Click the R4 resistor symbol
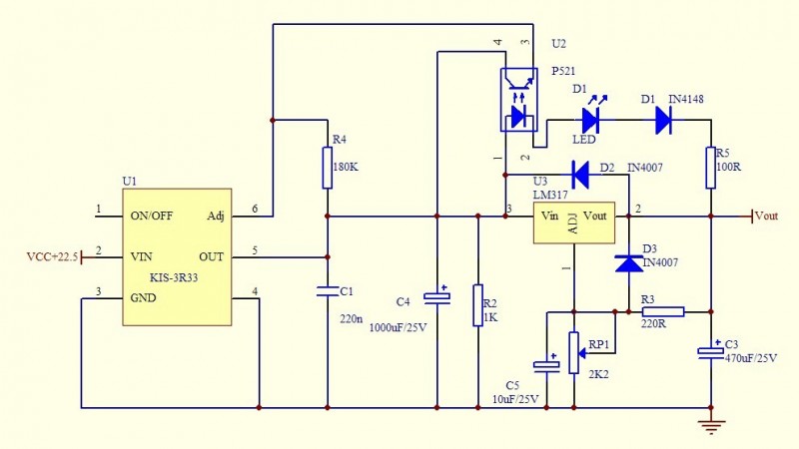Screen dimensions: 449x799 327,168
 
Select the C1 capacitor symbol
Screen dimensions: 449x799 327,292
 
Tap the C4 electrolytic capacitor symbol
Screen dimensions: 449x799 436,297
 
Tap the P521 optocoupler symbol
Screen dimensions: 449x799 516,100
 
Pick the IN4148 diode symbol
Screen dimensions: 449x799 663,121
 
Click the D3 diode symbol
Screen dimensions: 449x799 628,262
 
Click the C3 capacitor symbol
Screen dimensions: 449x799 710,352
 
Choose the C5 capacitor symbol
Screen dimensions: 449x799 546,365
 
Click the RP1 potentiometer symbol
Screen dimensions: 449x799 574,352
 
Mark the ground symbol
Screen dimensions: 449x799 710,426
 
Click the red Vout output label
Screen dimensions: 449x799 765,216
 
